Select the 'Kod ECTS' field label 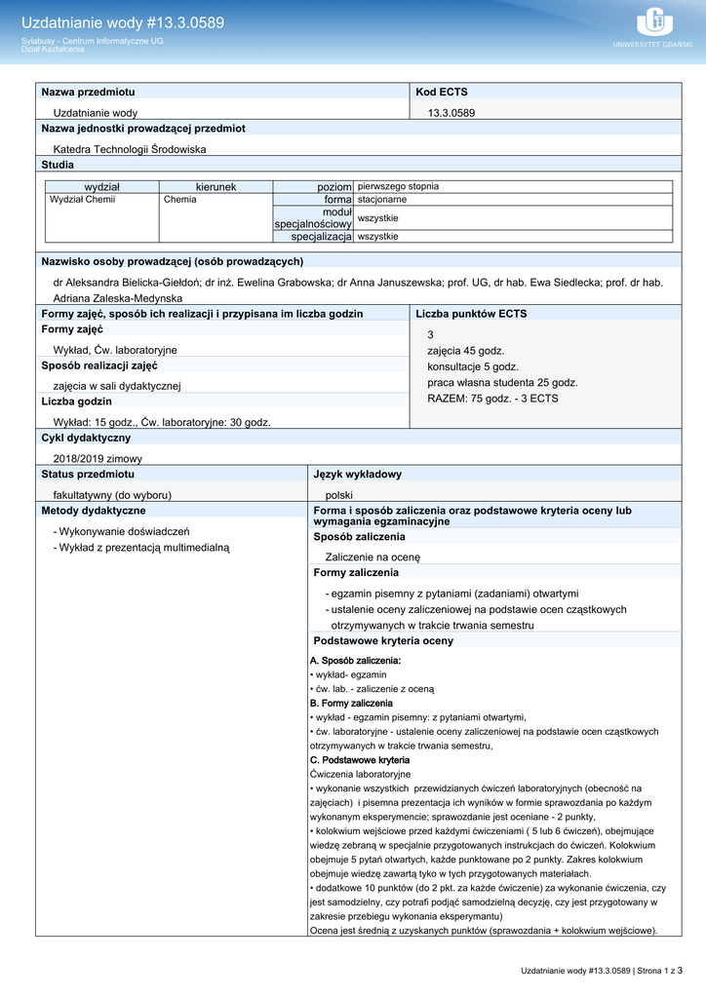[441, 92]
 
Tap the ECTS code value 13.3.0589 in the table [451, 113]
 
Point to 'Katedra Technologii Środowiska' [130, 149]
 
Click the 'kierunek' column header [216, 186]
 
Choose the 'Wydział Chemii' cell [82, 199]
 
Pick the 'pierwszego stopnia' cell [398, 186]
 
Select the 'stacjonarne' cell [382, 199]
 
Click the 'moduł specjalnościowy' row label [313, 218]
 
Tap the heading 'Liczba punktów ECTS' [471, 314]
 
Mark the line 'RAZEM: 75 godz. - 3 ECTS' [492, 399]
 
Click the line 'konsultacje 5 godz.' [473, 366]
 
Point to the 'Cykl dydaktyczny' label [86, 439]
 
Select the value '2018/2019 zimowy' [98, 458]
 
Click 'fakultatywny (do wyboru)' [112, 495]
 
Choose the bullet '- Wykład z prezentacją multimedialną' [140, 548]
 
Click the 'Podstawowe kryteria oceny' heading [383, 641]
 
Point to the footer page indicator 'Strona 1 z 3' [654, 971]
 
